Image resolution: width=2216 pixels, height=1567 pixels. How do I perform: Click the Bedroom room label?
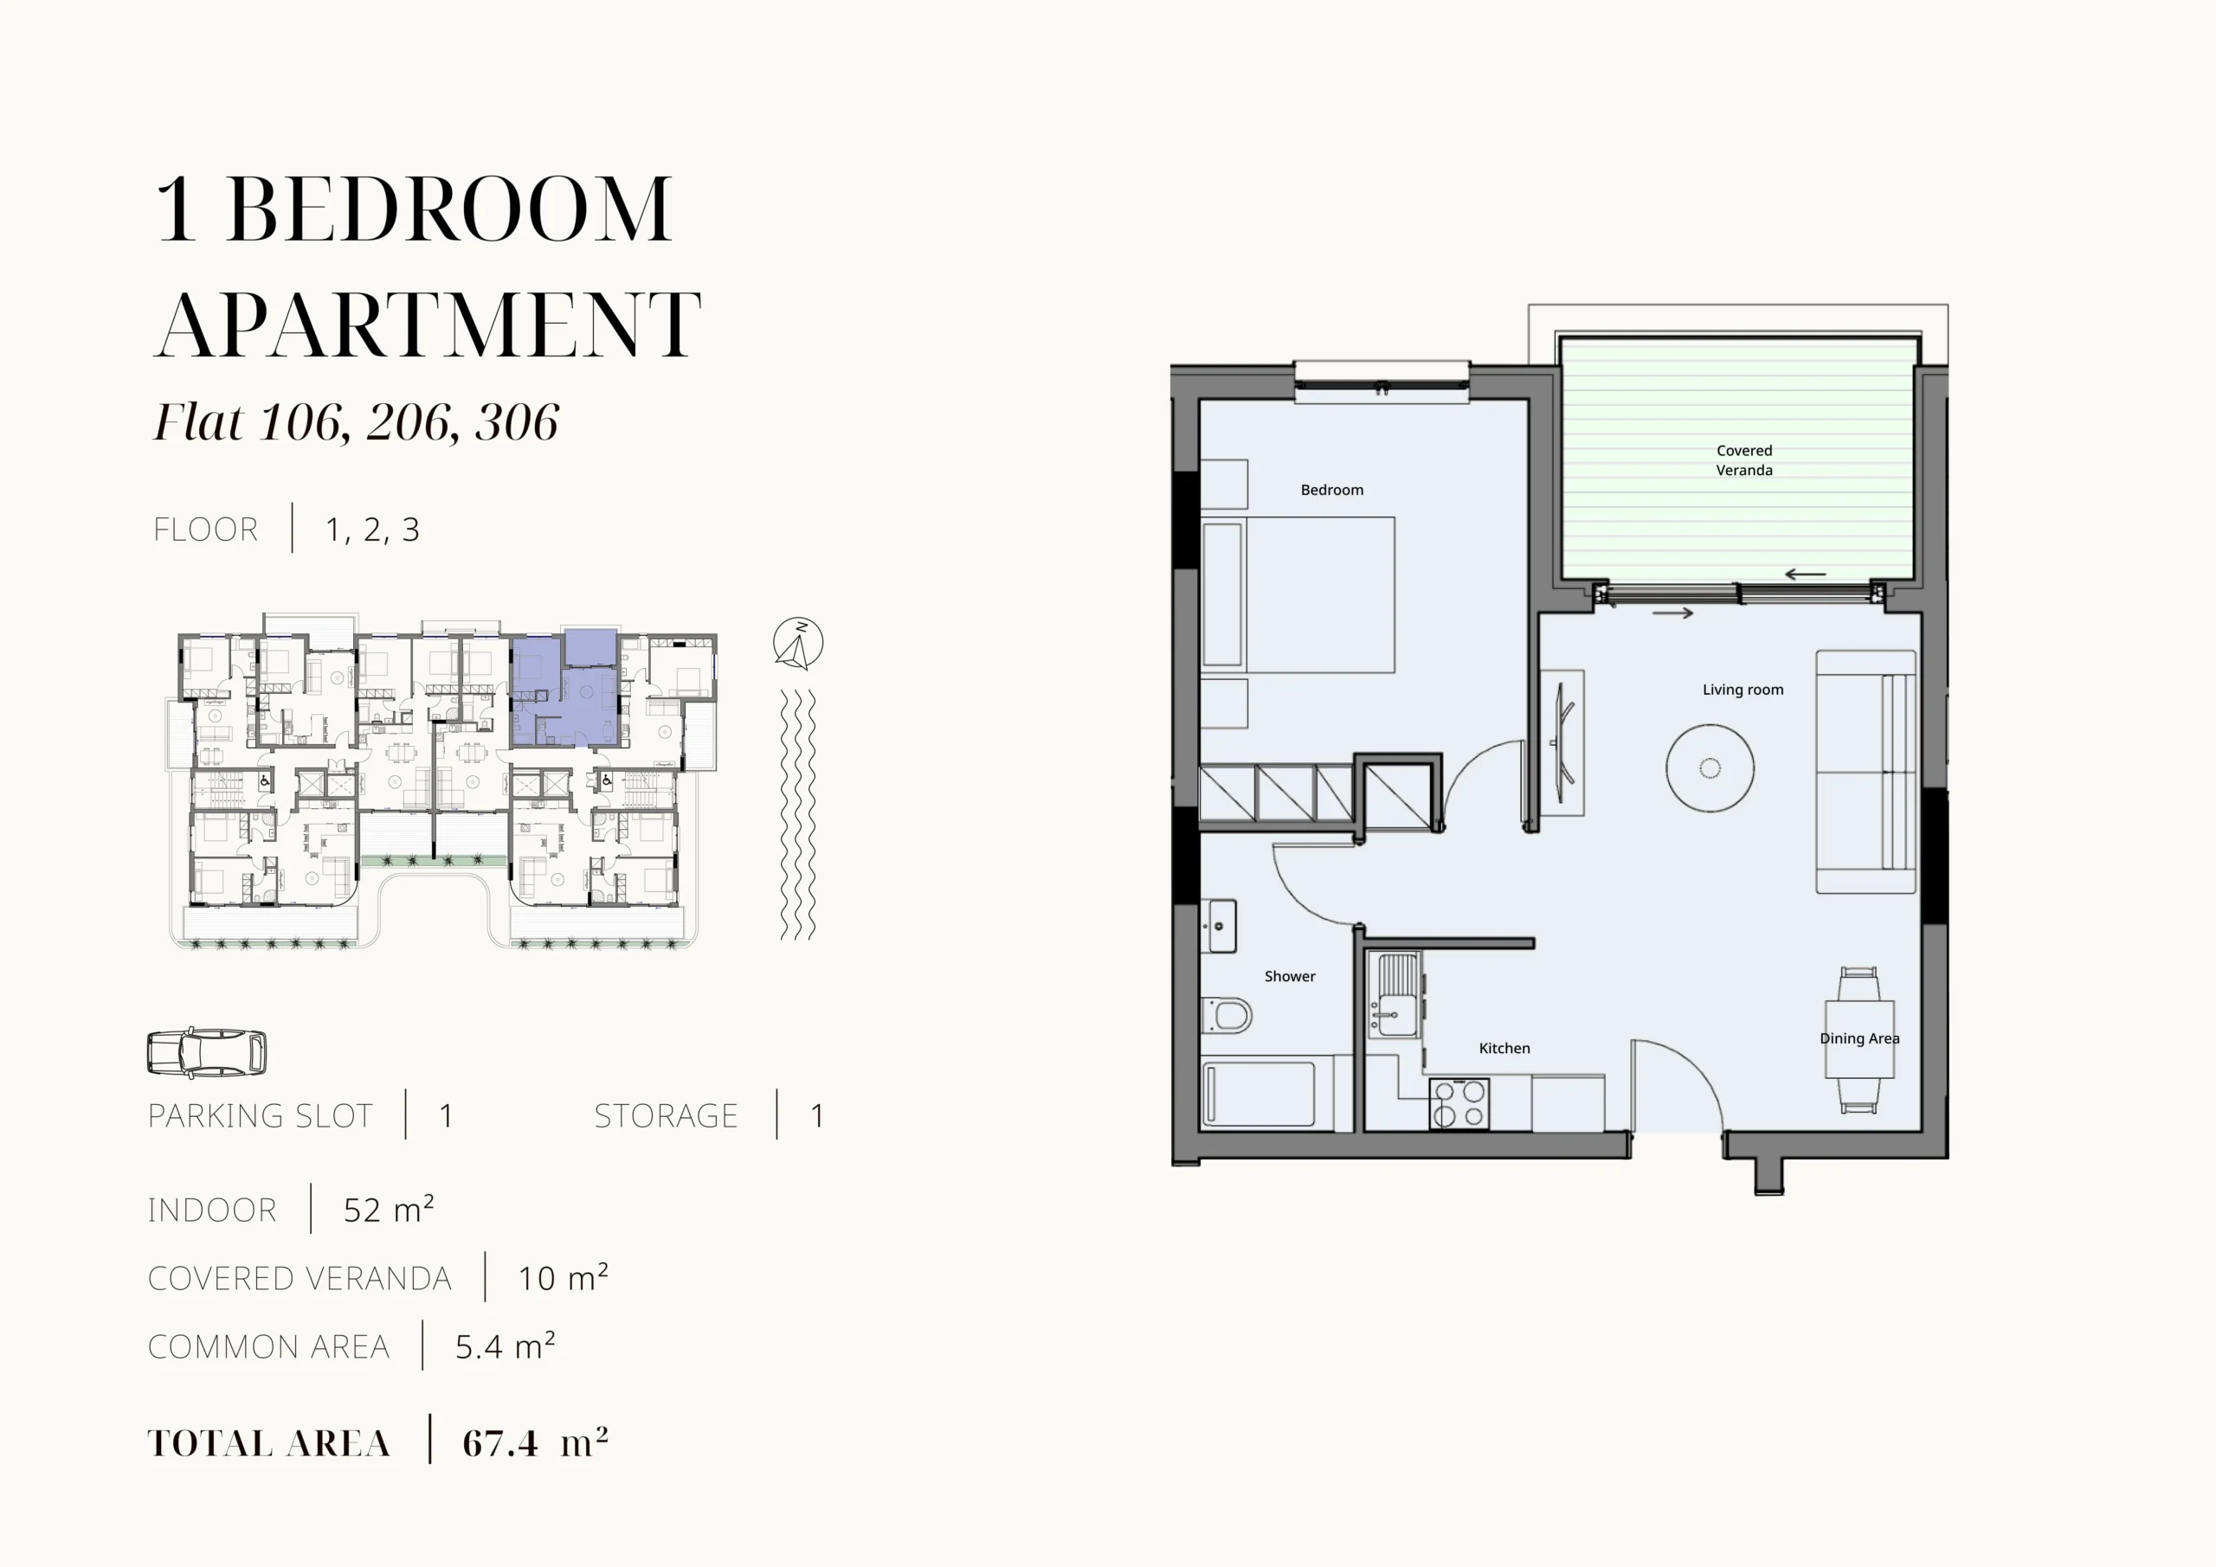(1332, 490)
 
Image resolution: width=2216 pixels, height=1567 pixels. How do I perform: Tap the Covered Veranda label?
(1744, 460)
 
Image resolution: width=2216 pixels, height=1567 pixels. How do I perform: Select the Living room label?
(1743, 690)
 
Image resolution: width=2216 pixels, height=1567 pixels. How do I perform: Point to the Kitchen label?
(1504, 1048)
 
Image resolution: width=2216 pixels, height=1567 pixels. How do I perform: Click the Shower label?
(1290, 977)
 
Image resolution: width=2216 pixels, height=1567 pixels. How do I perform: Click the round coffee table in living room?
(1710, 768)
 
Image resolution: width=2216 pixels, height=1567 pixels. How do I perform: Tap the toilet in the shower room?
(1227, 1016)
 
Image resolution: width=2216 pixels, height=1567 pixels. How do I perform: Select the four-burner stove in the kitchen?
(1459, 1104)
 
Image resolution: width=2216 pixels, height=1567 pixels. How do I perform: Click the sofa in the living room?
(1865, 772)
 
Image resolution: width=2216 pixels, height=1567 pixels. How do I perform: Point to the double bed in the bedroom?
(1298, 594)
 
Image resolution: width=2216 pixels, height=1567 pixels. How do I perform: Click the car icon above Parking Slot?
(207, 1052)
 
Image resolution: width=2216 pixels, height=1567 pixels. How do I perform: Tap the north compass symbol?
(798, 643)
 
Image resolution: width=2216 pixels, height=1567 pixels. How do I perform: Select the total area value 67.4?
(500, 1443)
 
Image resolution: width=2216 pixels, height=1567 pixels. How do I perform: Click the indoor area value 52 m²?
(389, 1209)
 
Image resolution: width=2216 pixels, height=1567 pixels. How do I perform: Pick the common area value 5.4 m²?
(506, 1345)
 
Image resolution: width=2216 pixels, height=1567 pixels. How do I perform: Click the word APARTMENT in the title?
(428, 324)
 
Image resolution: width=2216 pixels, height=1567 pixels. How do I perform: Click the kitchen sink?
(1395, 996)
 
